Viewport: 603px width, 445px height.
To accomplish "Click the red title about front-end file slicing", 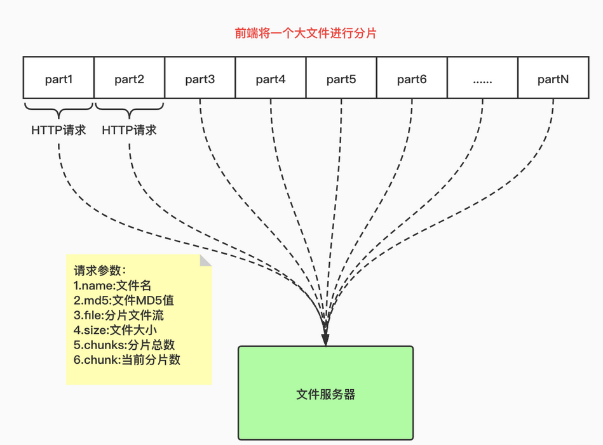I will (305, 33).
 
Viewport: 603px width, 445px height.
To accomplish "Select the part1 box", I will (58, 79).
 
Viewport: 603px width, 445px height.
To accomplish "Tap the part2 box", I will (129, 79).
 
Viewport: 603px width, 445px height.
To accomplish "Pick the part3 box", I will (200, 79).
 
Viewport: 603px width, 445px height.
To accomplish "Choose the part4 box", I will (271, 79).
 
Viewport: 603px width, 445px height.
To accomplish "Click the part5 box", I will (341, 79).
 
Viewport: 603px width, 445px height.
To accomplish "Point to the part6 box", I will (412, 79).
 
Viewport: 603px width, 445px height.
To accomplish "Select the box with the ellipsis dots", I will (482, 79).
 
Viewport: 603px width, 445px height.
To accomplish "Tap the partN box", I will (553, 79).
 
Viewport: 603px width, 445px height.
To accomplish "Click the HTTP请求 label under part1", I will (58, 131).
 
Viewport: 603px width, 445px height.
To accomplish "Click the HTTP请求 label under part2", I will (129, 131).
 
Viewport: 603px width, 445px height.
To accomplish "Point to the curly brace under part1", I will (58, 109).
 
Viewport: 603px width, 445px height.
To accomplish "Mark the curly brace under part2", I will (129, 109).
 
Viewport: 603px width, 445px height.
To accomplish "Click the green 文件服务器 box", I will (325, 394).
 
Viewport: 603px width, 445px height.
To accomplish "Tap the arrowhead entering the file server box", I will (325, 340).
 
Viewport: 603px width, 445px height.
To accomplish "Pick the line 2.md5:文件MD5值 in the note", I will (123, 300).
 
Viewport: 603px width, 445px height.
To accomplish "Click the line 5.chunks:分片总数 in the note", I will (124, 345).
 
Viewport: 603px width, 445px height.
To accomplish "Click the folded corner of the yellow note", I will (205, 261).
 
